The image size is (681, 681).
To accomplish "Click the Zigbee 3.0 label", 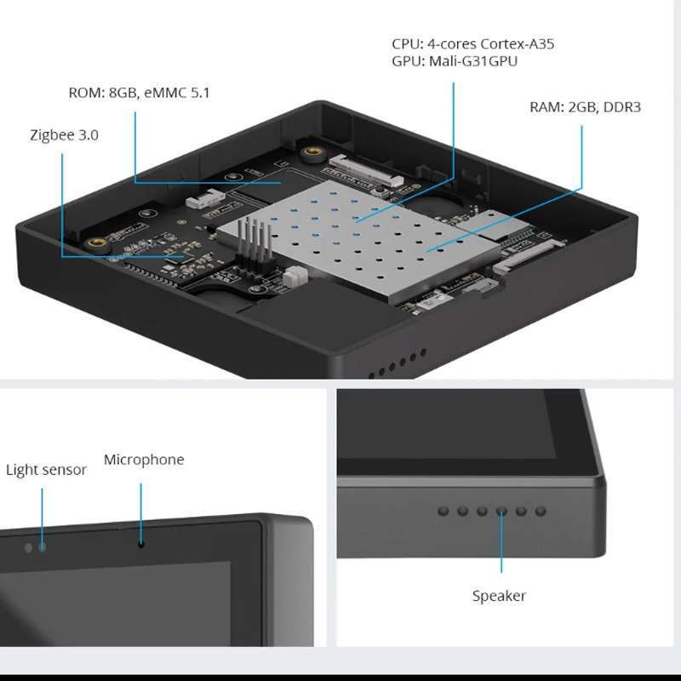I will click(64, 134).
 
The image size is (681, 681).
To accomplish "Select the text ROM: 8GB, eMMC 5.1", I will click(139, 93).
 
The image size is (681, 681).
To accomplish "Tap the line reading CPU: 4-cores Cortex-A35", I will click(472, 43).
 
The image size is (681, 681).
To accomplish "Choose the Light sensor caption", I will click(46, 470).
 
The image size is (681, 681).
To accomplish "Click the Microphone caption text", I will click(144, 460).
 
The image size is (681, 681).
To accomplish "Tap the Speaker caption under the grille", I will click(499, 596).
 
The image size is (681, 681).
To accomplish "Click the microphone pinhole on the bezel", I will click(141, 541).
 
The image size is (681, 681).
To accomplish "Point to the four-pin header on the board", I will click(250, 243).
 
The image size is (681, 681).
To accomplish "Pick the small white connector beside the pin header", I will click(295, 277).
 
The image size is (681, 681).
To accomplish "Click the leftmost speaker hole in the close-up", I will click(443, 512).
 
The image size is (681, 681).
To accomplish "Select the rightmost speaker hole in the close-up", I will click(541, 512).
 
